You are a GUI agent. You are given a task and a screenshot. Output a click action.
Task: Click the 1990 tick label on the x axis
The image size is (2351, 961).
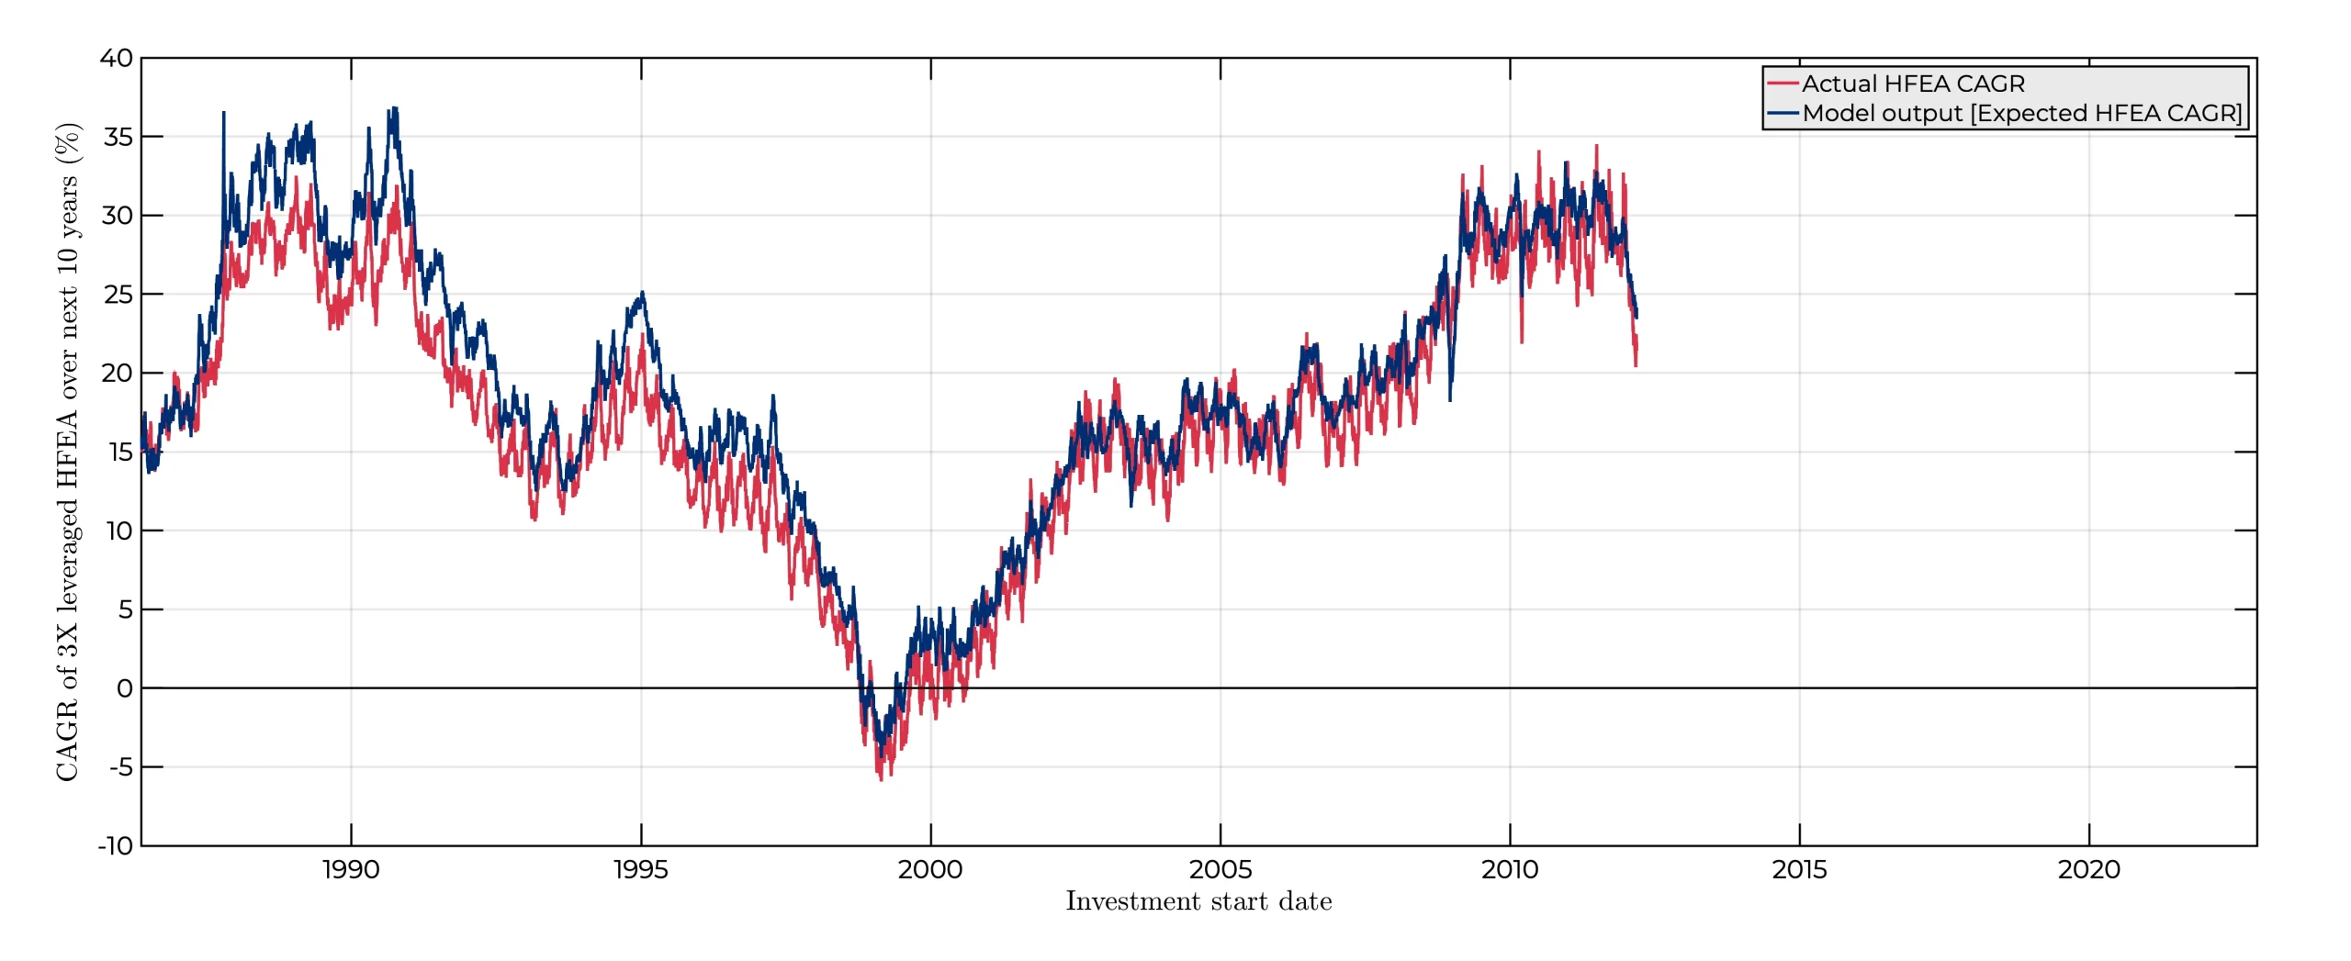350,869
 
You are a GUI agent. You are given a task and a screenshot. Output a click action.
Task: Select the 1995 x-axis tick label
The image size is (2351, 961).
640,869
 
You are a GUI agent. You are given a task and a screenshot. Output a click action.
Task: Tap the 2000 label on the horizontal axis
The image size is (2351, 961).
929,869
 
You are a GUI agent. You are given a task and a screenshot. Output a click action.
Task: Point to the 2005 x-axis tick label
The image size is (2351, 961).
1220,869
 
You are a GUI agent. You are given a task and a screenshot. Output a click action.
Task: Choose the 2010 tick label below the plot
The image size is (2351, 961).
1509,869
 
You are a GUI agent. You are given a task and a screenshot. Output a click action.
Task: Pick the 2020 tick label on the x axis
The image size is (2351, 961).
2088,869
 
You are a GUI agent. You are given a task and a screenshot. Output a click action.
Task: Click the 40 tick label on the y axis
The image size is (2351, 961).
117,58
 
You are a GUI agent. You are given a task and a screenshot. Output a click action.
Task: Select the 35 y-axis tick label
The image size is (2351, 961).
118,137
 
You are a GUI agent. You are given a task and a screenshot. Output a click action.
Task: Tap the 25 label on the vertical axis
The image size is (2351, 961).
118,295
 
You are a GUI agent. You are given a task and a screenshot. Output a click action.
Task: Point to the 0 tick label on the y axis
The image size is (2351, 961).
125,688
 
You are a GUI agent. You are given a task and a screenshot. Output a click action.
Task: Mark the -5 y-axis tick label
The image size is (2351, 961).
121,767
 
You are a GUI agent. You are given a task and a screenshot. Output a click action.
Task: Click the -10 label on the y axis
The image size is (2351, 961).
116,845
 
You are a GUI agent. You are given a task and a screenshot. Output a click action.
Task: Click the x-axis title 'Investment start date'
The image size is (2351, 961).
1198,901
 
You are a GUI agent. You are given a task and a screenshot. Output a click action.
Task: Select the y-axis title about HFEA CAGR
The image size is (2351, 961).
68,452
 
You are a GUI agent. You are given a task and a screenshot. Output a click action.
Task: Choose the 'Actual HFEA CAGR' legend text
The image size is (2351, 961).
1913,84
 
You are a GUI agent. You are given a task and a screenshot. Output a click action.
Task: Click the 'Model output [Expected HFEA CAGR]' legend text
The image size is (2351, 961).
2022,113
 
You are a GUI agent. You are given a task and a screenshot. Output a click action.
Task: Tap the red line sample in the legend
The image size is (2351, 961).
1783,84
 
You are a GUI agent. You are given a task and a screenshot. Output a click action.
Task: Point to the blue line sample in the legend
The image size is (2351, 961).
1783,113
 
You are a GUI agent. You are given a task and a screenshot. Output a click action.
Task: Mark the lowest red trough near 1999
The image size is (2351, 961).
881,779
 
